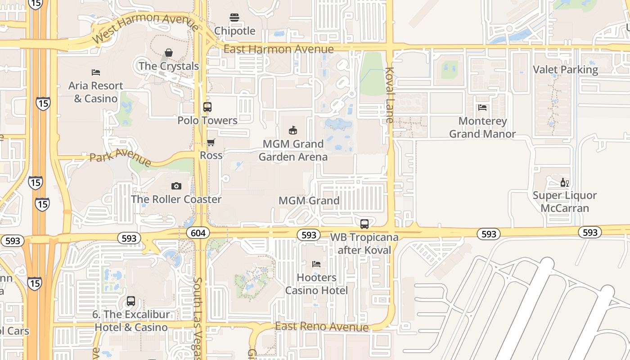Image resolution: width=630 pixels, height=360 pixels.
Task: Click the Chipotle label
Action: (x=234, y=31)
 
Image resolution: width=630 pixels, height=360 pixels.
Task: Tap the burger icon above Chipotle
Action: (x=234, y=18)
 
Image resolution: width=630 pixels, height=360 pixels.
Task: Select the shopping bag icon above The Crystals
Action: (x=169, y=53)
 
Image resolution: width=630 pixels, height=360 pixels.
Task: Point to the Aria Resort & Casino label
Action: (x=96, y=92)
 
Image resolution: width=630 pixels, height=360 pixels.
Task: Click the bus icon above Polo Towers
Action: (x=207, y=107)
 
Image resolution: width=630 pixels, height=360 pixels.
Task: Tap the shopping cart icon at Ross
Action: (x=211, y=143)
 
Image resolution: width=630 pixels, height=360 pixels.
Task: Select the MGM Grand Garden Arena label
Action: (x=293, y=150)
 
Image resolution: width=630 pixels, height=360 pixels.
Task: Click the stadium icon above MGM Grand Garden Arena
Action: (x=293, y=130)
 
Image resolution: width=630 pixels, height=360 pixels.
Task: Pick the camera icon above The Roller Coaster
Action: (x=176, y=186)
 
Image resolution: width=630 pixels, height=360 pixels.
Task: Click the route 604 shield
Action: (x=198, y=233)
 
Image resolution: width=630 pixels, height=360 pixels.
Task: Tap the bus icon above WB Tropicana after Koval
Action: (x=364, y=224)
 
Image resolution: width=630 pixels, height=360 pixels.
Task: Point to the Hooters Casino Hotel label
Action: (x=316, y=284)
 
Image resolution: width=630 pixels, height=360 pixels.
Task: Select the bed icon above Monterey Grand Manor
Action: (x=482, y=108)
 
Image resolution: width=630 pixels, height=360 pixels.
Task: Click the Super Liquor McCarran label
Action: (x=564, y=202)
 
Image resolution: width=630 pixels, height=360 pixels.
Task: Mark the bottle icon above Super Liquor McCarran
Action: (x=564, y=182)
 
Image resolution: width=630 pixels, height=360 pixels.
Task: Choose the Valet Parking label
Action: (x=565, y=70)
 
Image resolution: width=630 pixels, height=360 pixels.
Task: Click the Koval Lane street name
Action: (x=390, y=95)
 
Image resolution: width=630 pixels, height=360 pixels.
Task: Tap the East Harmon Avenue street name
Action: (x=279, y=49)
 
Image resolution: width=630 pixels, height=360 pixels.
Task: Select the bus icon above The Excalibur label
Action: (x=131, y=301)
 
